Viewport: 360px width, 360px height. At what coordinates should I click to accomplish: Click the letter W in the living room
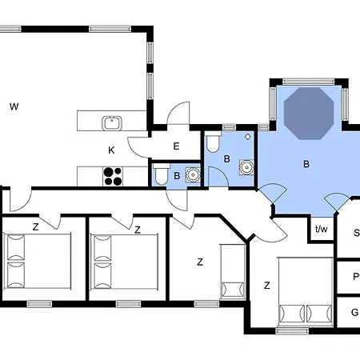pyautogui.click(x=14, y=106)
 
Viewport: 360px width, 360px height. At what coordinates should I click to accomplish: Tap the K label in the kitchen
pyautogui.click(x=113, y=150)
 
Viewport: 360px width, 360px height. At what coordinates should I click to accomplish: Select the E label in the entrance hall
pyautogui.click(x=176, y=146)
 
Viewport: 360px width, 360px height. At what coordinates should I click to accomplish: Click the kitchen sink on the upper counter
pyautogui.click(x=111, y=122)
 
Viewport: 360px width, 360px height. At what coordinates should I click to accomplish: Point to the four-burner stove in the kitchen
pyautogui.click(x=114, y=174)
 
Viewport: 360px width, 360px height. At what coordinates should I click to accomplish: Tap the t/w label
pyautogui.click(x=322, y=230)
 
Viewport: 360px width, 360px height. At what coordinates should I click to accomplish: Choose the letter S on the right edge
pyautogui.click(x=356, y=234)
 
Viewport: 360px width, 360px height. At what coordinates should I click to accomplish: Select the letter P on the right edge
pyautogui.click(x=355, y=277)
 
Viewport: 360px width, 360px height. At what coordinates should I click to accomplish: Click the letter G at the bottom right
pyautogui.click(x=355, y=311)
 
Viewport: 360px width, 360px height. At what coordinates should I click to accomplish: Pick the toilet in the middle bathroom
pyautogui.click(x=212, y=144)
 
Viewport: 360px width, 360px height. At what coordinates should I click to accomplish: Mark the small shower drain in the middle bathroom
pyautogui.click(x=248, y=137)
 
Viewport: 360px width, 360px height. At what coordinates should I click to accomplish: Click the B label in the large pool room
pyautogui.click(x=305, y=164)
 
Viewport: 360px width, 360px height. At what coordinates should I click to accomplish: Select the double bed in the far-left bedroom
pyautogui.click(x=38, y=260)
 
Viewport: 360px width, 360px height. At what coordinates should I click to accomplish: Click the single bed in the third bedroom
pyautogui.click(x=233, y=272)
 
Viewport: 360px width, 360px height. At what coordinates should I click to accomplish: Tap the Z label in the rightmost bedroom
pyautogui.click(x=266, y=286)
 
